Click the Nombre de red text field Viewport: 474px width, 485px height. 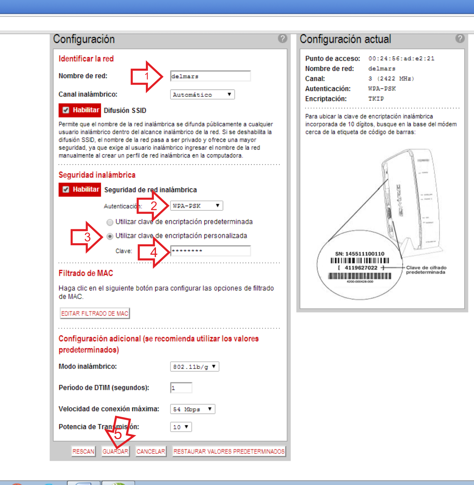tap(210, 76)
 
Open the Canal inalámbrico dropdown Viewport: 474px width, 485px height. tap(202, 95)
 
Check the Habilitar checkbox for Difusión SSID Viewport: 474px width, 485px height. tap(66, 110)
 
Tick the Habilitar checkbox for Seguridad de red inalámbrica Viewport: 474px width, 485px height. tap(66, 190)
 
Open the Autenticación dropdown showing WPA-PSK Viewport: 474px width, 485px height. tap(196, 206)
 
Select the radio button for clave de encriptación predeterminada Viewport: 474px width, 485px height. tap(110, 222)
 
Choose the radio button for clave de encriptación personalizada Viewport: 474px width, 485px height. tap(110, 236)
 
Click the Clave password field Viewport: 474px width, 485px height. tap(210, 251)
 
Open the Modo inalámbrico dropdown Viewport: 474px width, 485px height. tap(194, 367)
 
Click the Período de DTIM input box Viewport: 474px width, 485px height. tap(181, 388)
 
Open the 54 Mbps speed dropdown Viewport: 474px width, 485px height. tap(193, 409)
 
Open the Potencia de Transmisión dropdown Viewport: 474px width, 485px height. tap(181, 427)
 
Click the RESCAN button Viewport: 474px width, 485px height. tap(83, 451)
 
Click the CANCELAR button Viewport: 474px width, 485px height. tap(151, 451)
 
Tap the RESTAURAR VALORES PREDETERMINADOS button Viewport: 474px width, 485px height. tap(229, 451)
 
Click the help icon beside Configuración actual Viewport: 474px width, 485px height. tap(460, 39)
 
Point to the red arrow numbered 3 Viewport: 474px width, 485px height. tap(87, 237)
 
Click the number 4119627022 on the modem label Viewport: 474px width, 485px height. tap(361, 268)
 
